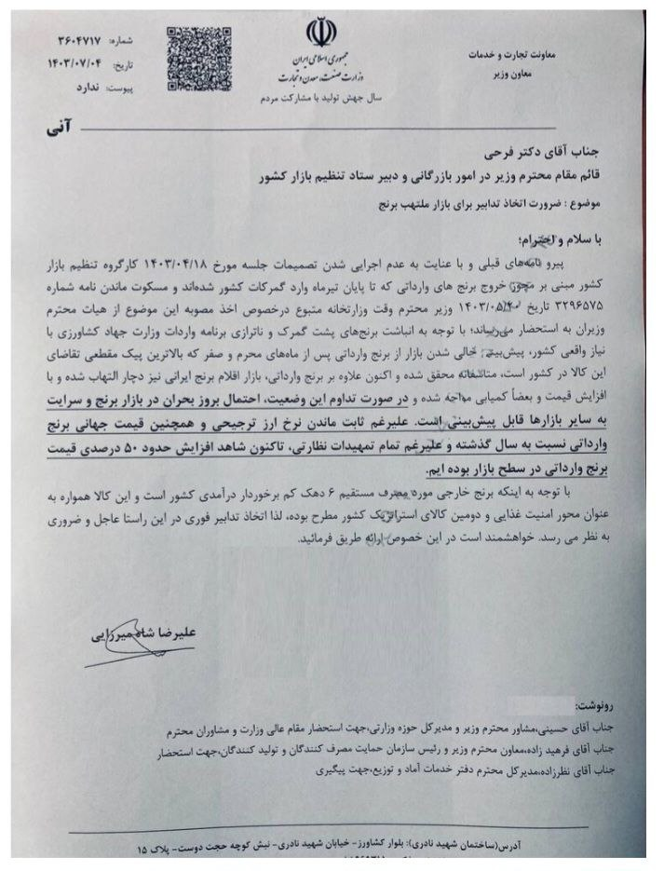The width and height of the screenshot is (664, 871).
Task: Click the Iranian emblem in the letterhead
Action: [319, 34]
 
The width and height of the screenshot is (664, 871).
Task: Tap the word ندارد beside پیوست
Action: [73, 90]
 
